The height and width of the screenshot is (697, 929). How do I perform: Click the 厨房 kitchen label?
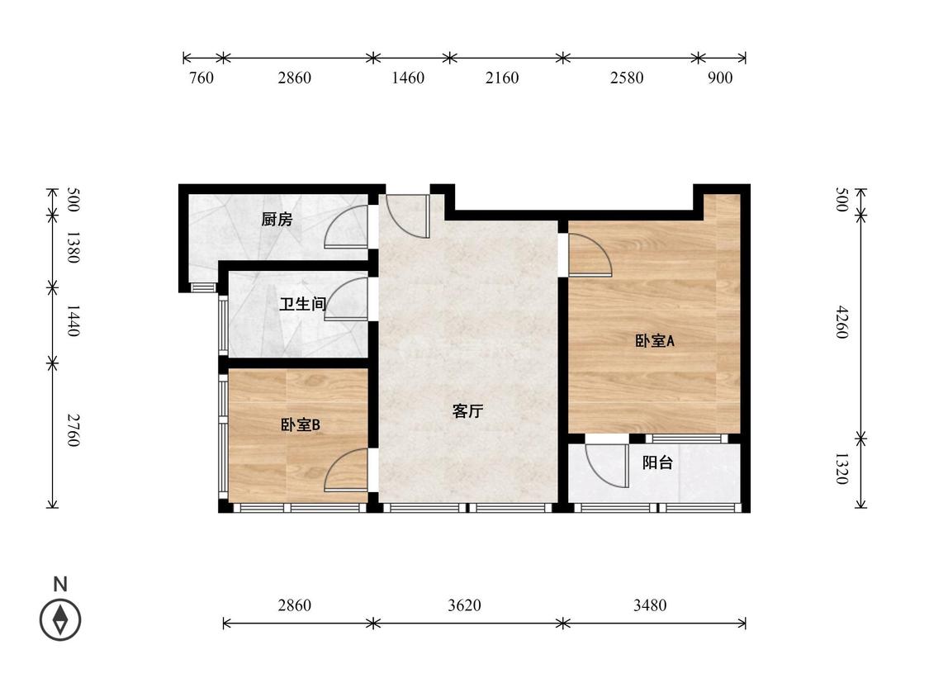point(277,220)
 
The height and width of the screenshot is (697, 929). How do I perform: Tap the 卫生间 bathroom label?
point(302,304)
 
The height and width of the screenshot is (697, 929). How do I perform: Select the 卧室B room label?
point(300,424)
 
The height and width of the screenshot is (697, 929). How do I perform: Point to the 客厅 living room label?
point(467,411)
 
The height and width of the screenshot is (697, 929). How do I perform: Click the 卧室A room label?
point(655,340)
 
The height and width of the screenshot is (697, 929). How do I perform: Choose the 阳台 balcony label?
point(657,463)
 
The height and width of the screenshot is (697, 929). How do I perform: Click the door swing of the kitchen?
point(347,228)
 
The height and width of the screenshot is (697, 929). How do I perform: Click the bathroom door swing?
point(347,299)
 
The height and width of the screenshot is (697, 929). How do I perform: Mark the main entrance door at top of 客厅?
point(407,216)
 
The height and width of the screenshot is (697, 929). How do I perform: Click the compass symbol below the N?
point(60,619)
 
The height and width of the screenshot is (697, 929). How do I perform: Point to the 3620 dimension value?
point(464,605)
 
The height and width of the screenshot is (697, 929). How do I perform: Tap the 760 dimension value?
point(201,78)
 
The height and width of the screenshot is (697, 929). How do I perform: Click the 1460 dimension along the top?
point(408,78)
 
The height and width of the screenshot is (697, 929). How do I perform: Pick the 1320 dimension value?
point(841,468)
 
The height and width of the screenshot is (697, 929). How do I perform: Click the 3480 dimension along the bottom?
point(650,605)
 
